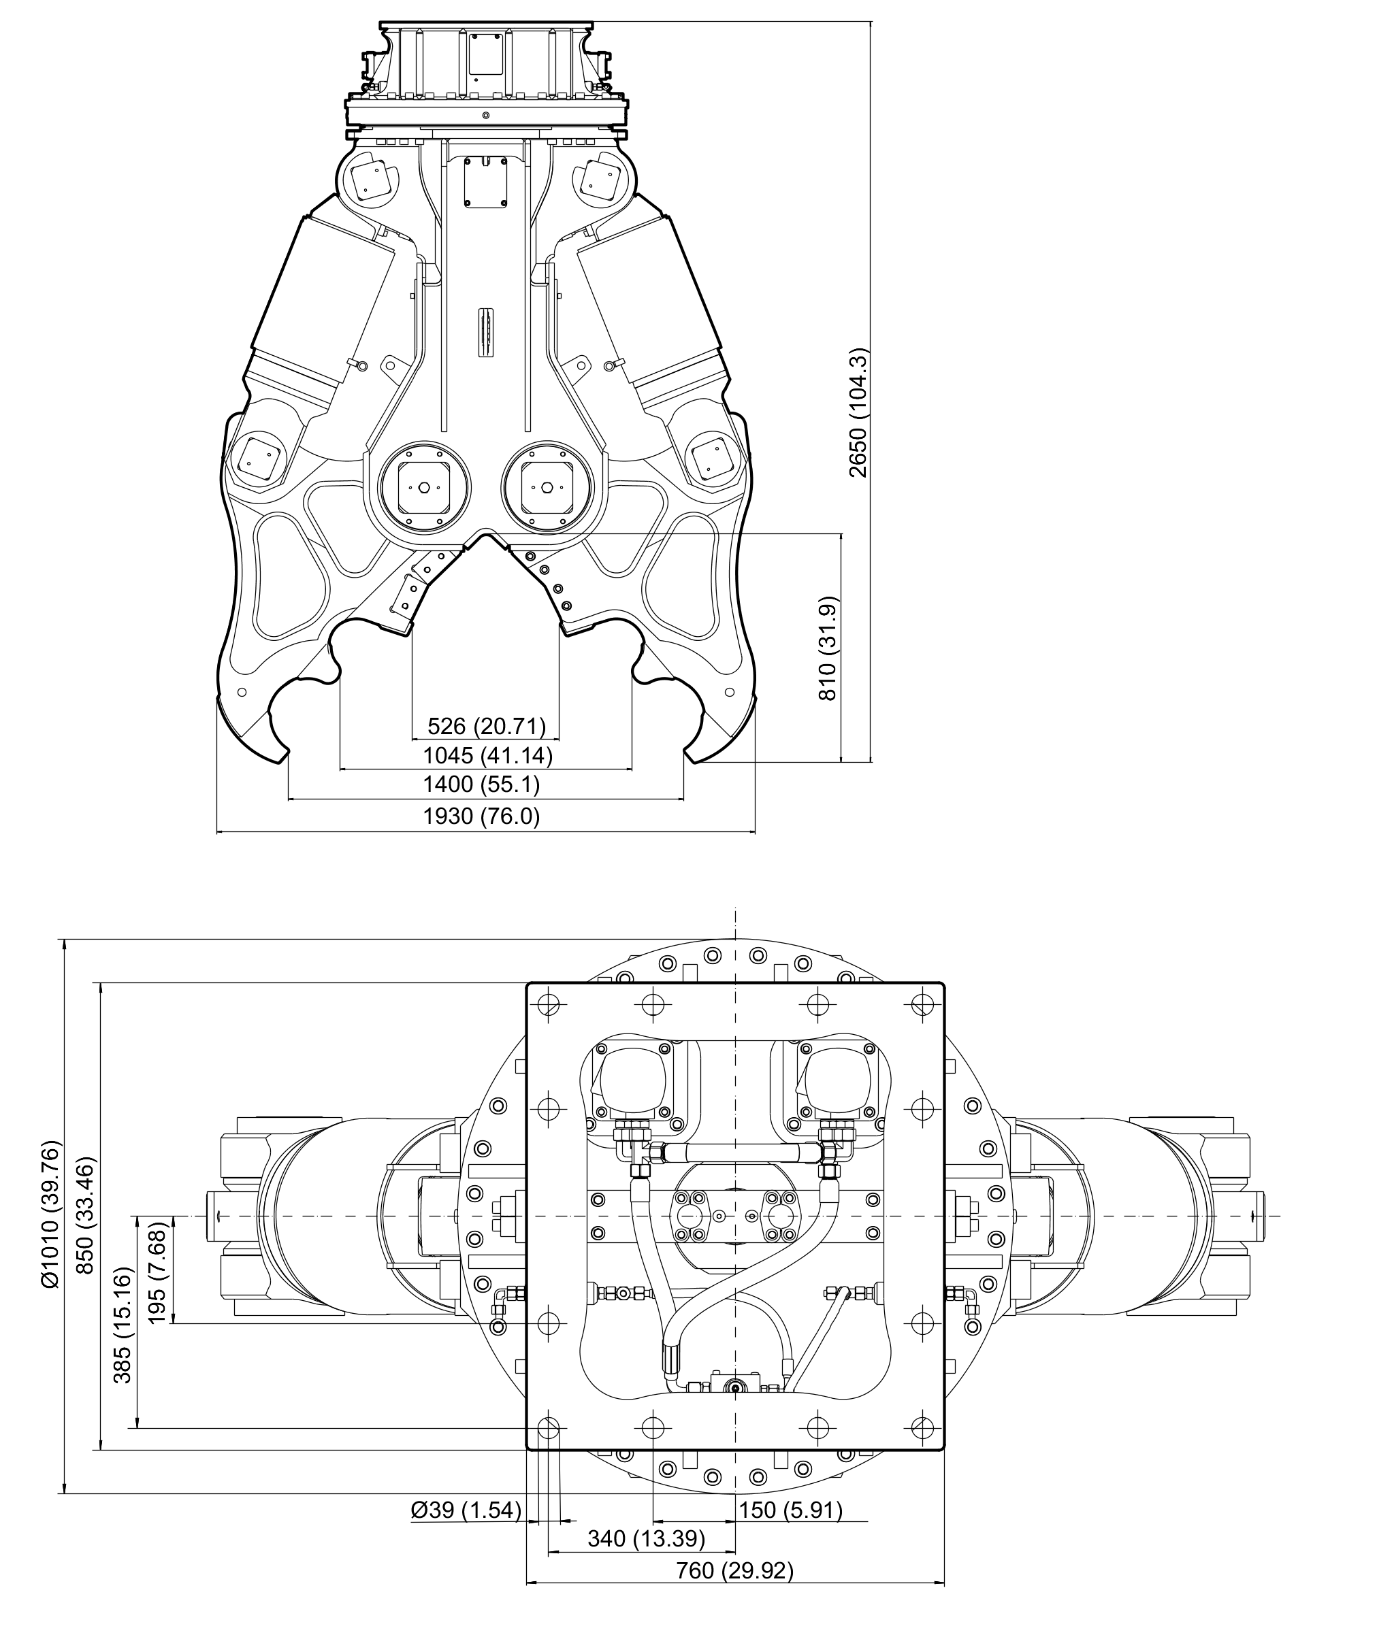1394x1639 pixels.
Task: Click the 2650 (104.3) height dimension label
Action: (x=858, y=413)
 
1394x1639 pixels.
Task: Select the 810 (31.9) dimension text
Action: (x=828, y=648)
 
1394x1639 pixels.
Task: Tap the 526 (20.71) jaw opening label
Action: (x=487, y=726)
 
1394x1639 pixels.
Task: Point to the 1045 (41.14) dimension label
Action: (x=487, y=756)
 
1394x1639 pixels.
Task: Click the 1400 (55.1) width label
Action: (x=481, y=784)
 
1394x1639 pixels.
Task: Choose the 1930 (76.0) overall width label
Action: (x=481, y=816)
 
